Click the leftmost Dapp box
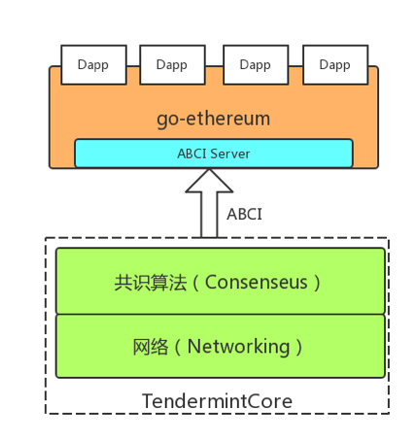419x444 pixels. pyautogui.click(x=92, y=64)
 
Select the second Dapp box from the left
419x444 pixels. pyautogui.click(x=172, y=64)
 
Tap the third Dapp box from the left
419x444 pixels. pyautogui.click(x=255, y=64)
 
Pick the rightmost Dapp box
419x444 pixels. pyautogui.click(x=334, y=64)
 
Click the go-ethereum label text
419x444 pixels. pyautogui.click(x=213, y=120)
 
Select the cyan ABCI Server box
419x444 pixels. pyautogui.click(x=213, y=154)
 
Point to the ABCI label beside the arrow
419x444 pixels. pyautogui.click(x=244, y=214)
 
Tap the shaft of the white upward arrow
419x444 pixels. pyautogui.click(x=208, y=219)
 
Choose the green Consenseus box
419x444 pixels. pyautogui.click(x=220, y=281)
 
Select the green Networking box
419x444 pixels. pyautogui.click(x=220, y=345)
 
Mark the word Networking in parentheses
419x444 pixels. pyautogui.click(x=238, y=347)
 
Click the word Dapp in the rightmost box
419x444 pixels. pyautogui.click(x=334, y=65)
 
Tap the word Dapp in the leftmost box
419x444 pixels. pyautogui.click(x=92, y=65)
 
